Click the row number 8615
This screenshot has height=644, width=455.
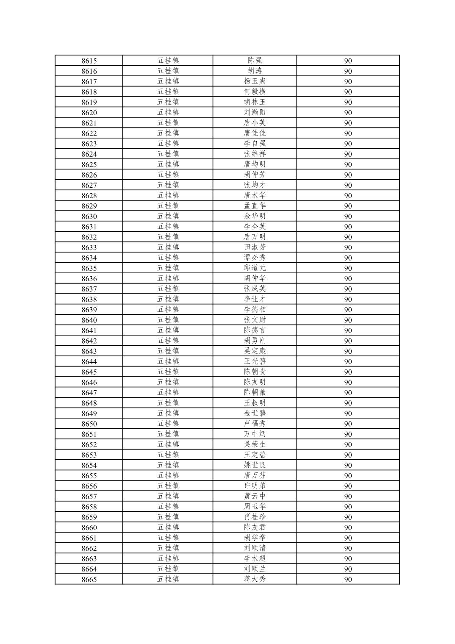click(89, 61)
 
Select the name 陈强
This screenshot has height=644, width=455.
click(255, 61)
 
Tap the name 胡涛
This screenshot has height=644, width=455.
click(255, 71)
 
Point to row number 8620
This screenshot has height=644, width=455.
click(89, 113)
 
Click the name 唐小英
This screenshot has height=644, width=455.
click(255, 123)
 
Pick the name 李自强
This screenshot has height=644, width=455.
click(255, 144)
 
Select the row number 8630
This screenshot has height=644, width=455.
click(89, 217)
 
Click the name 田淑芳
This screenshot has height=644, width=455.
click(255, 247)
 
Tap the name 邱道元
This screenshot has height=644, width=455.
click(255, 268)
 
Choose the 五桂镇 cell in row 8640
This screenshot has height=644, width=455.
click(168, 320)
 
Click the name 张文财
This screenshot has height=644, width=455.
click(255, 320)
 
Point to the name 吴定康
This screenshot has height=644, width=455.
click(255, 351)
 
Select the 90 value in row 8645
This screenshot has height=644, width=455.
click(348, 372)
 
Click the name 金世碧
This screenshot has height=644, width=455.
click(255, 414)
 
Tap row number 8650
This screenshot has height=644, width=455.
click(89, 424)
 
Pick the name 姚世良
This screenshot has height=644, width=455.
click(255, 465)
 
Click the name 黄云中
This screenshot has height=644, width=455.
click(255, 496)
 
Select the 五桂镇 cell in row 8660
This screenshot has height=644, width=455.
click(168, 527)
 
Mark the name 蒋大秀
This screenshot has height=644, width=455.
click(255, 579)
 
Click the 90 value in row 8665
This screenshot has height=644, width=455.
click(348, 580)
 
